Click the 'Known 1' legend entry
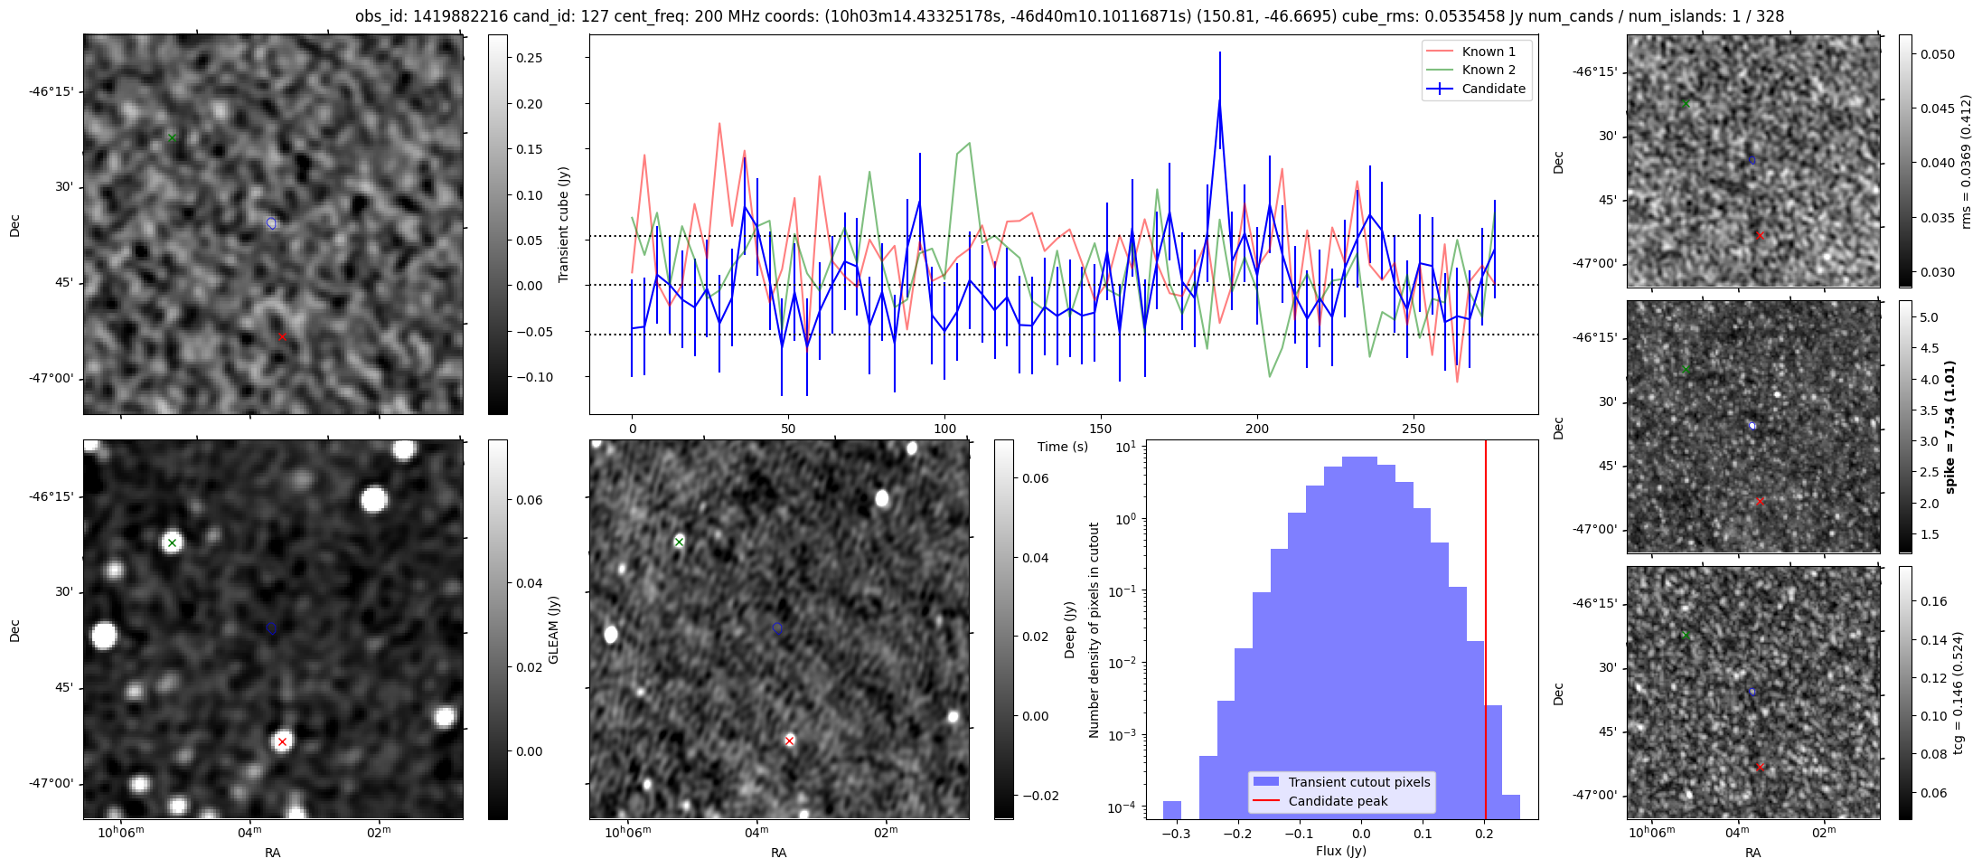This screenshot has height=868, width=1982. [1489, 52]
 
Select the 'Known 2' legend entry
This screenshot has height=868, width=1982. [1489, 70]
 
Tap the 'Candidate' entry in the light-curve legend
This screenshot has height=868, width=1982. [1493, 89]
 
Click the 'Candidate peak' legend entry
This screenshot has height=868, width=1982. [1338, 801]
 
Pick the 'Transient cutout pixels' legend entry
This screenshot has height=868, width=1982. [1358, 782]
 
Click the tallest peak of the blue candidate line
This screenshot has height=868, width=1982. [1219, 101]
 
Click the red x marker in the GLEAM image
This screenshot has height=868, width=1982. [282, 741]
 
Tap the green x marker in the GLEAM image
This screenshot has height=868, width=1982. [172, 542]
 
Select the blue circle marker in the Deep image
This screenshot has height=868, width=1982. [777, 628]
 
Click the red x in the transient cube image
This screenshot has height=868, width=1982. [282, 337]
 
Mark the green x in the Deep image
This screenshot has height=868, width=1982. [679, 542]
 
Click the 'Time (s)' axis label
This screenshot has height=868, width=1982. [1063, 447]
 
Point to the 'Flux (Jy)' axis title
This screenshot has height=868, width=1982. [1341, 851]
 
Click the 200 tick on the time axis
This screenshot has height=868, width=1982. [1256, 429]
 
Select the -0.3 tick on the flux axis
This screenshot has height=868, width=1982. [1176, 834]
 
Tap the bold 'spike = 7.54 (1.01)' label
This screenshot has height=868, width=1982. [1949, 427]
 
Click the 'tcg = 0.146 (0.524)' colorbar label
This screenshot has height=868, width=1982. [1958, 693]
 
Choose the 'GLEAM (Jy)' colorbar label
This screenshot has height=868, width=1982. [553, 629]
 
